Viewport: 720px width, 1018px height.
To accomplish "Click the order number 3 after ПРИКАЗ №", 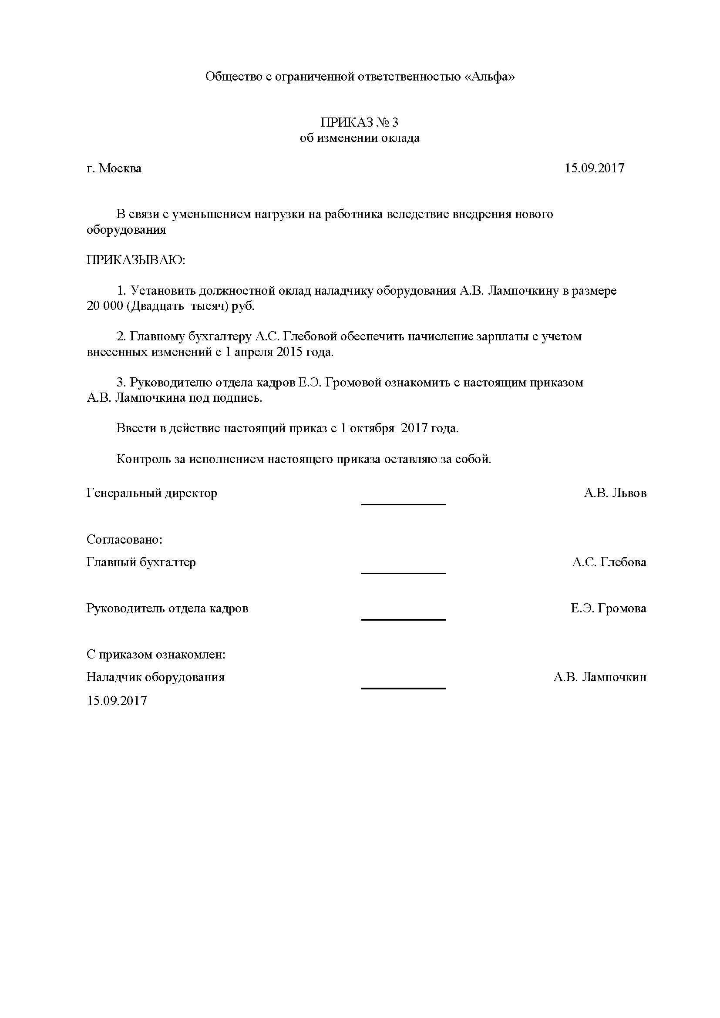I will point(395,122).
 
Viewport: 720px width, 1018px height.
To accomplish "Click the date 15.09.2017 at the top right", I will point(594,168).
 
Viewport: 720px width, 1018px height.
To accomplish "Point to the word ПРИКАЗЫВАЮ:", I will point(136,260).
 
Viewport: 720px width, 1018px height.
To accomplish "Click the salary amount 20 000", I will point(104,306).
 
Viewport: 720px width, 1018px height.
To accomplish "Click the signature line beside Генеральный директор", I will point(403,504).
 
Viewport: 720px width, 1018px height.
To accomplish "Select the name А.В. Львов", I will point(615,493).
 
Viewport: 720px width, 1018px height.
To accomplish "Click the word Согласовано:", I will point(124,540).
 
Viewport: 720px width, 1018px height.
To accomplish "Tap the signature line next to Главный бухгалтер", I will point(403,573).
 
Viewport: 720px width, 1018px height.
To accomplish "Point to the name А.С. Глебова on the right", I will point(609,562).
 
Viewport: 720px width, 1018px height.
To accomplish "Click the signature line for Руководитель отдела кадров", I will point(403,619).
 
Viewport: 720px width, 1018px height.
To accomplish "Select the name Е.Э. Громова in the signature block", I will point(608,608).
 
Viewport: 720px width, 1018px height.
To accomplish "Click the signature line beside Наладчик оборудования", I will point(403,688).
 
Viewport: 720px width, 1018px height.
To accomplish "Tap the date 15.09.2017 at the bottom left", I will point(117,701).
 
